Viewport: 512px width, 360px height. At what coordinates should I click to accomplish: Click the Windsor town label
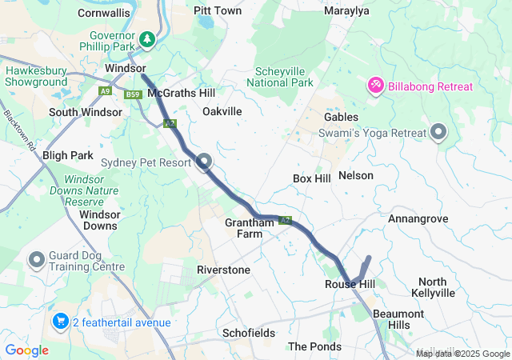(x=125, y=70)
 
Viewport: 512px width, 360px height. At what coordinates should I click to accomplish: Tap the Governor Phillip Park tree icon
(x=146, y=38)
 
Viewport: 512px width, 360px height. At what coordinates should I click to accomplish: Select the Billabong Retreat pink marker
(x=375, y=85)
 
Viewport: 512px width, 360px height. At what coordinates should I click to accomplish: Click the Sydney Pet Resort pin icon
(x=204, y=162)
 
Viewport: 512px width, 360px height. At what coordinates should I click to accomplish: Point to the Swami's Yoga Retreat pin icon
(x=438, y=132)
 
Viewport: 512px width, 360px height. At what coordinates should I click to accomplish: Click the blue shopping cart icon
(x=60, y=322)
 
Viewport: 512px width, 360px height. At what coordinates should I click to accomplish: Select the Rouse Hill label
(x=350, y=285)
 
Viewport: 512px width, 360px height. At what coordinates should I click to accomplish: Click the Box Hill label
(x=312, y=178)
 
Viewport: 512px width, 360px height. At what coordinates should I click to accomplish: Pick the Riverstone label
(x=223, y=270)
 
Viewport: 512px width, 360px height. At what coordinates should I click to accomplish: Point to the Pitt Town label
(x=218, y=11)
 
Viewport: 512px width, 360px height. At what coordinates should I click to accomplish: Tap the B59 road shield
(x=133, y=95)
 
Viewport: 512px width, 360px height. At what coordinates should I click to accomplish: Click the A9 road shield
(x=106, y=92)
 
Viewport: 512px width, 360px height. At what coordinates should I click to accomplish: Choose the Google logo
(x=26, y=350)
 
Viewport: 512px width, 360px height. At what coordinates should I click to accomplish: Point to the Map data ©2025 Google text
(x=462, y=354)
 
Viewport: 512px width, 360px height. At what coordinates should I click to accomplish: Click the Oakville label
(x=222, y=111)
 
